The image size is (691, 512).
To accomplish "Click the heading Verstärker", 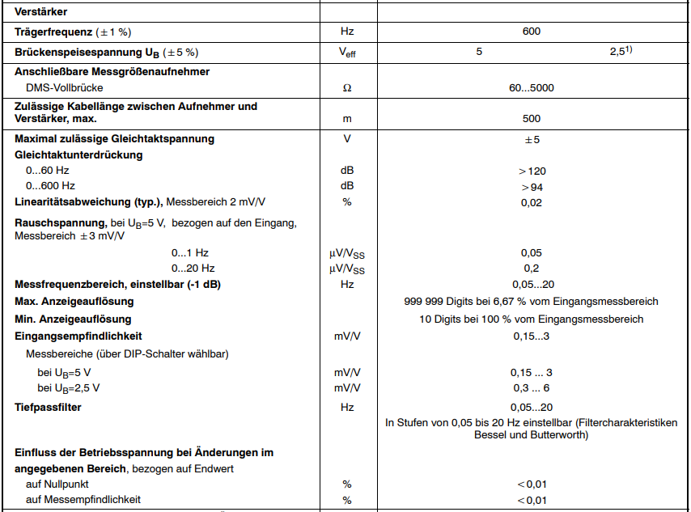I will pos(40,12).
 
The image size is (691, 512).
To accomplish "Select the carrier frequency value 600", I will pos(532,32).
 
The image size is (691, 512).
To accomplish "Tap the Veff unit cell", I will pos(347,53).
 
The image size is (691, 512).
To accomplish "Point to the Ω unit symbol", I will pos(347,87).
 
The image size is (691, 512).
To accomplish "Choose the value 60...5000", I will pos(532,87).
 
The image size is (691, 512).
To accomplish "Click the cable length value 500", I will pos(532,119).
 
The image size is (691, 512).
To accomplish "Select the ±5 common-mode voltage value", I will pos(532,139).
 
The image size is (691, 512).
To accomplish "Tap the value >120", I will pos(532,171).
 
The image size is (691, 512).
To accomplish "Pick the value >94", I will pos(532,187).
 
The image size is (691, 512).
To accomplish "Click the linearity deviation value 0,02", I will pos(532,202).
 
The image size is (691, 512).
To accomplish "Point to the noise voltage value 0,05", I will pos(532,252).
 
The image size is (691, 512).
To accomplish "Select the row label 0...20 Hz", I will pos(193,268).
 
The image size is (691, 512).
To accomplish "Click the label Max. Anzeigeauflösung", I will pos(74,302).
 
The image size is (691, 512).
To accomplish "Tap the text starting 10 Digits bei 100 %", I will pos(532,319).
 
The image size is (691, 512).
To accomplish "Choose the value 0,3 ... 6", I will pos(532,388).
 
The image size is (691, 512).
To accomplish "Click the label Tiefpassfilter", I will pos(48,407).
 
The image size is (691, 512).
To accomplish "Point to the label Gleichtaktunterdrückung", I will pos(78,154).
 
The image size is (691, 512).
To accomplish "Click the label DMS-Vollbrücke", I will pos(65,87).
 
